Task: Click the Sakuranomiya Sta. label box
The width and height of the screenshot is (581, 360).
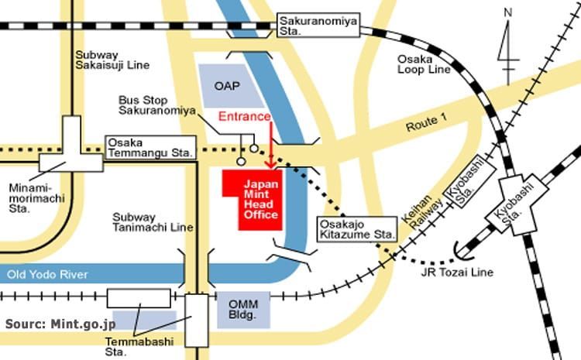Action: click(x=318, y=26)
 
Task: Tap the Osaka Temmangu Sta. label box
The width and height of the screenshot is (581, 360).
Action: click(x=151, y=148)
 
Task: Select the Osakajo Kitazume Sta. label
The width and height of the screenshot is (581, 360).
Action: click(x=357, y=230)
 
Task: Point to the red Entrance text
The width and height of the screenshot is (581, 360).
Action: click(x=245, y=116)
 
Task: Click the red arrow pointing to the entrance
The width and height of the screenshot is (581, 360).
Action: click(x=271, y=146)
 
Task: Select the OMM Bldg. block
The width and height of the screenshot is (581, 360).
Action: click(x=243, y=310)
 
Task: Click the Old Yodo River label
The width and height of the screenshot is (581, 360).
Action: click(x=47, y=274)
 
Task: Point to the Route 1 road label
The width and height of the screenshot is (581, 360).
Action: click(x=427, y=123)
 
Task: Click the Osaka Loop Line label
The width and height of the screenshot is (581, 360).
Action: click(x=424, y=64)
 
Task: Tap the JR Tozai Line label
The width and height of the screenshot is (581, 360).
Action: click(x=457, y=273)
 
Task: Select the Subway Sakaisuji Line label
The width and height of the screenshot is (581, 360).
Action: click(x=112, y=60)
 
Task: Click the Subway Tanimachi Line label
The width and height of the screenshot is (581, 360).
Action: click(x=153, y=222)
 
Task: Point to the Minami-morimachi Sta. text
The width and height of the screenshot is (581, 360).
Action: click(x=36, y=198)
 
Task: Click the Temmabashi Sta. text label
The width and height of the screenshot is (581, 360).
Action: click(x=139, y=346)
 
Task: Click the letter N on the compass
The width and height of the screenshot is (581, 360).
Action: click(x=508, y=12)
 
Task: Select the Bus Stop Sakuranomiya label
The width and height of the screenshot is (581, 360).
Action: click(x=156, y=105)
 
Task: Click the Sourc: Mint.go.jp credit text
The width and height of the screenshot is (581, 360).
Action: click(x=60, y=324)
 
